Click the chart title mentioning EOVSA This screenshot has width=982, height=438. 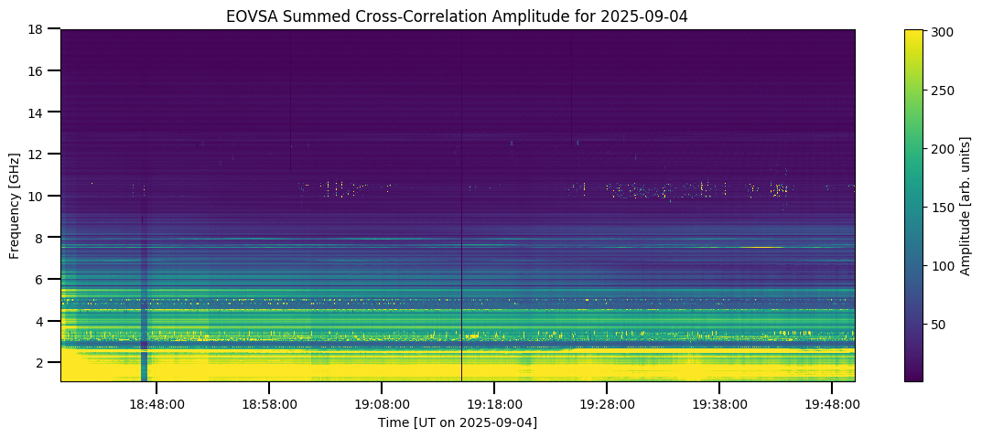458,16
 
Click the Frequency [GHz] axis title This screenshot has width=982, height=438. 16,205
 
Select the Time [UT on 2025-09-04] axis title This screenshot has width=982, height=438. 458,422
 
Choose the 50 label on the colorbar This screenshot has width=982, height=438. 937,325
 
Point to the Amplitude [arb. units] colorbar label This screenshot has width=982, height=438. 965,205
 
